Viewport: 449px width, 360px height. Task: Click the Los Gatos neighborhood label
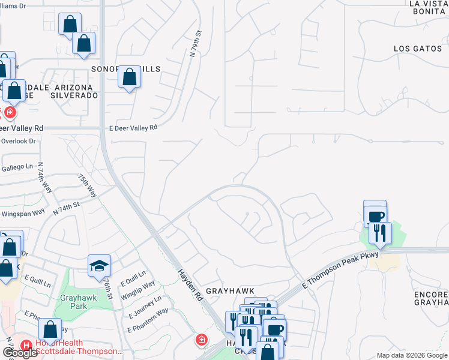(418, 48)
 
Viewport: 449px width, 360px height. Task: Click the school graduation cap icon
(100, 266)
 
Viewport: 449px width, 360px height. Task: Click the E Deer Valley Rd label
(133, 127)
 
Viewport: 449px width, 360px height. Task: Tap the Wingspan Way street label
(23, 212)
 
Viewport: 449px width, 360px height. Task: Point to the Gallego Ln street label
(17, 167)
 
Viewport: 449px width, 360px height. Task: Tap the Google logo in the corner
(20, 352)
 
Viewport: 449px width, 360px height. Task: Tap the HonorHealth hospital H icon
(26, 346)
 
